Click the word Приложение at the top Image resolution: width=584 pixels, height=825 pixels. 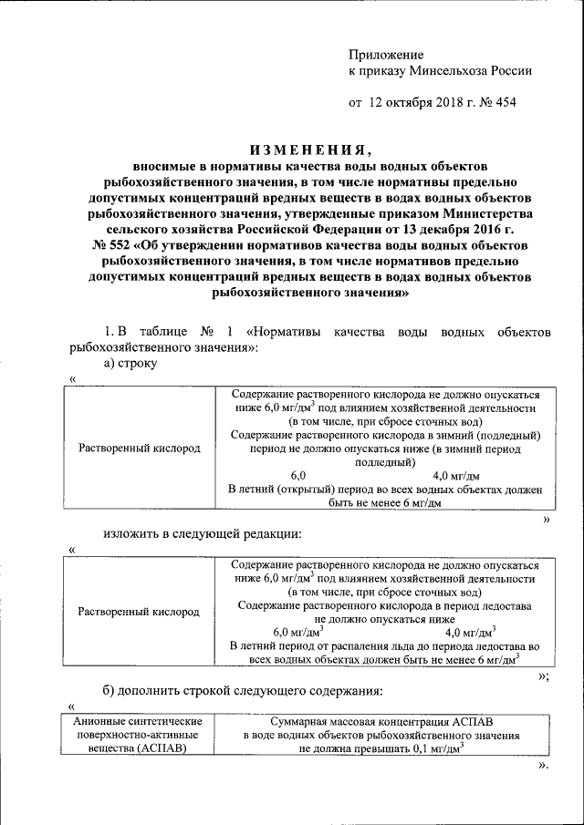click(x=388, y=56)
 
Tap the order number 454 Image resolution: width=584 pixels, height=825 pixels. click(x=504, y=102)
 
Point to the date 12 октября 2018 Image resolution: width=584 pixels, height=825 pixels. click(x=412, y=102)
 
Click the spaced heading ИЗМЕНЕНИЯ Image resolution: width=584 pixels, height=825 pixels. click(x=310, y=150)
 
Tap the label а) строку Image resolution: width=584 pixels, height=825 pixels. click(x=130, y=364)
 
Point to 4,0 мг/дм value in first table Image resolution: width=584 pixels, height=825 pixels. click(x=455, y=475)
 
